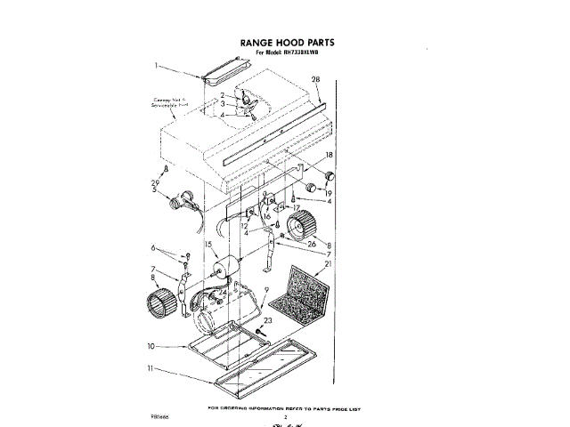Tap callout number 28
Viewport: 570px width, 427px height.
(x=315, y=80)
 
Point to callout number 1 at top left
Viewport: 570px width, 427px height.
(x=156, y=65)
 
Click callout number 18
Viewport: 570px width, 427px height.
(x=330, y=155)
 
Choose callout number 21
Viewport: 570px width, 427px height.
(x=327, y=264)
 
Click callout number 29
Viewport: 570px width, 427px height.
(x=154, y=182)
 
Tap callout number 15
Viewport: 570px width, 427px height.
(x=208, y=245)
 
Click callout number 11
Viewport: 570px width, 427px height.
(x=151, y=367)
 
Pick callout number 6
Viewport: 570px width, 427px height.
(x=153, y=248)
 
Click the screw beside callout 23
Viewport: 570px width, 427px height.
(x=260, y=334)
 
